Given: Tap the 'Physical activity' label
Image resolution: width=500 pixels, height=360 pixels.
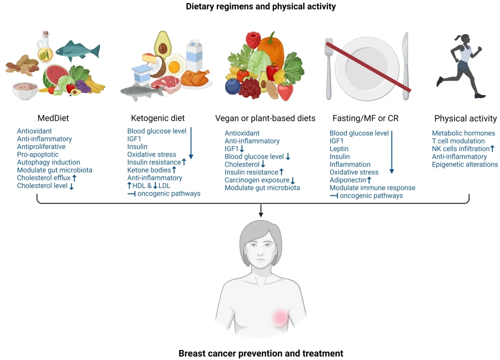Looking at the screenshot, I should pos(465,119).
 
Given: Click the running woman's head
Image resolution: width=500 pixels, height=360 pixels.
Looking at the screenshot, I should pos(463,38).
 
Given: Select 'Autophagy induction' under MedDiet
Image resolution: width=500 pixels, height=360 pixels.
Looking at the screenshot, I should pos(48,162).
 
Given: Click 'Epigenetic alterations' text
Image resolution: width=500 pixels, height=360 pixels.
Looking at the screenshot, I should pos(465,165).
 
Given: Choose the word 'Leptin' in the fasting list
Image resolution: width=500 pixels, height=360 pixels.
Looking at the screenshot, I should pos(339,149).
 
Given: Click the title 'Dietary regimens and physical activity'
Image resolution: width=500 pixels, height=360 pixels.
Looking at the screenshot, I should pos(261,7).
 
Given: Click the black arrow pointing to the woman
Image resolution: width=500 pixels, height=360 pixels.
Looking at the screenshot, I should pos(261,210).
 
